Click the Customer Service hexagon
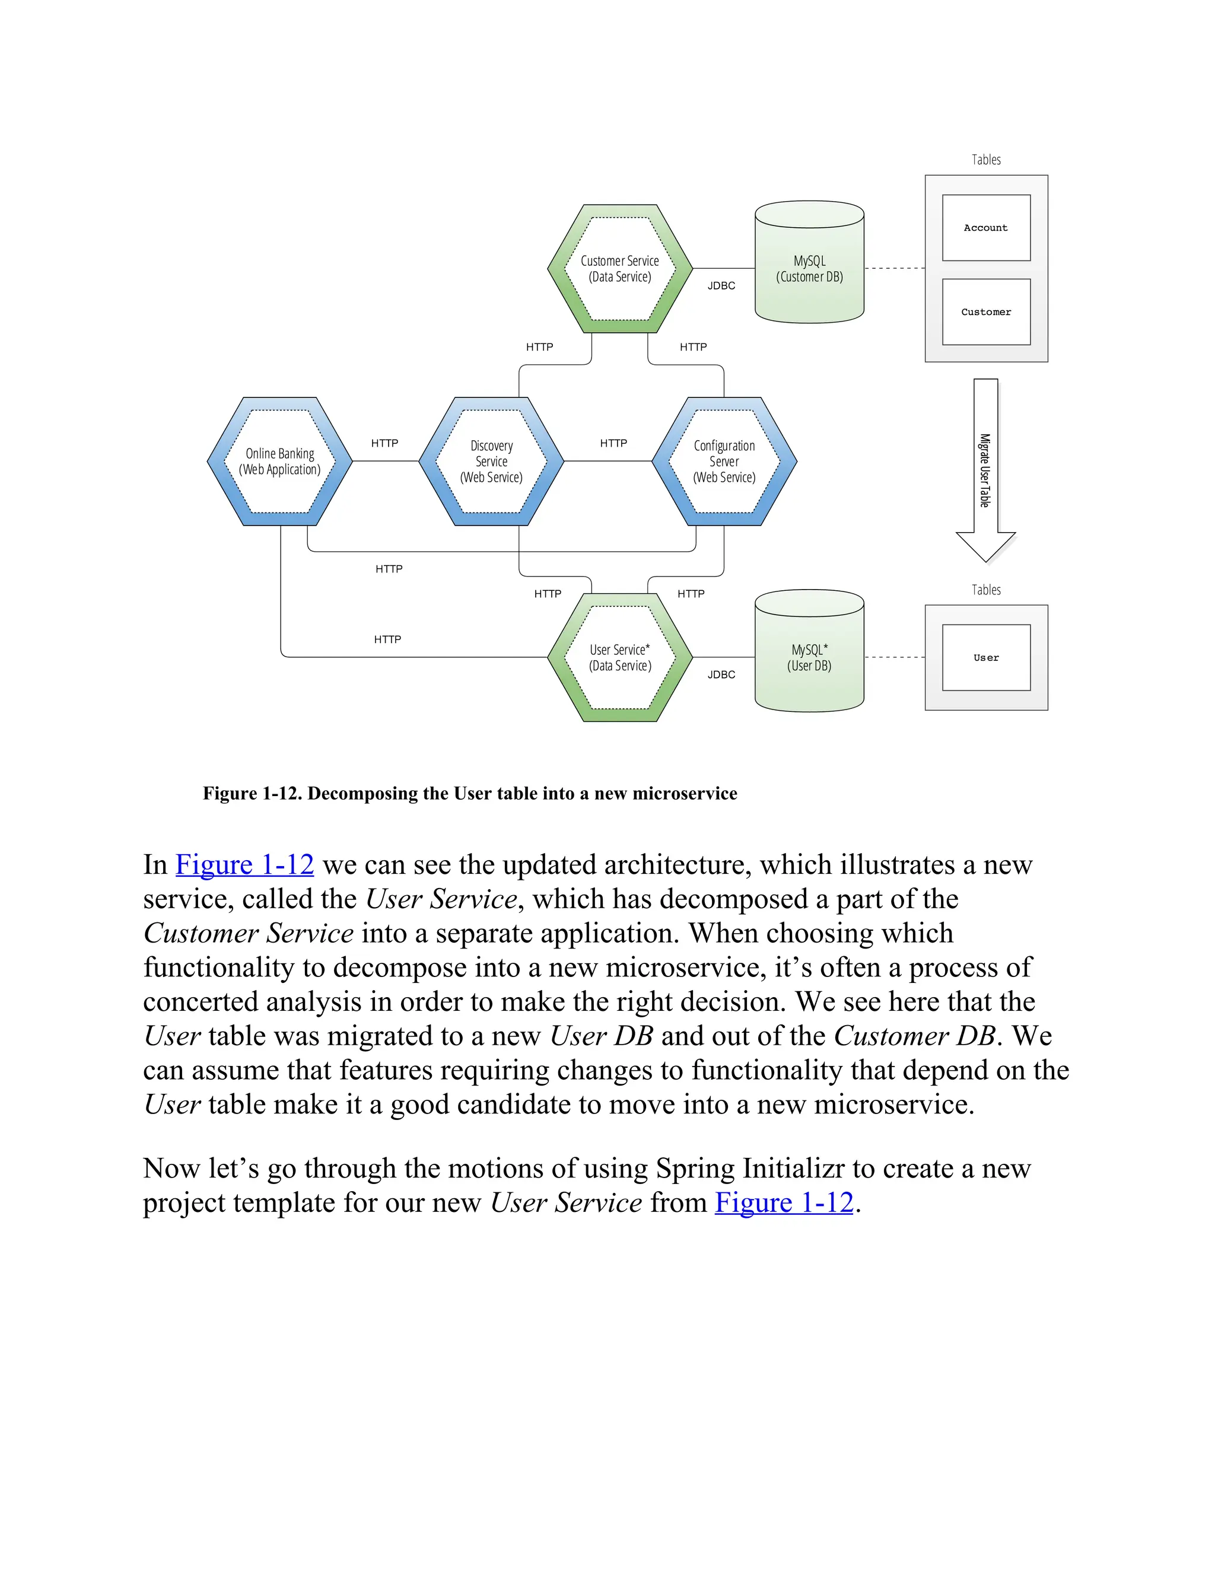tap(620, 269)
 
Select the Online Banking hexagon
tap(279, 462)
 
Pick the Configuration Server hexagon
tap(724, 462)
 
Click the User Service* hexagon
tap(620, 657)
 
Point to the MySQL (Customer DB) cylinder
tap(809, 269)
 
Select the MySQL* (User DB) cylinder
tap(809, 657)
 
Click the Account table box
tap(986, 227)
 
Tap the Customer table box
tap(986, 311)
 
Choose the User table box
tap(986, 657)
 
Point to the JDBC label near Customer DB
tap(721, 286)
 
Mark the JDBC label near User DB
tap(721, 674)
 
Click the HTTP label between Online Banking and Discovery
tap(384, 443)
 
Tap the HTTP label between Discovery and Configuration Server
tap(613, 443)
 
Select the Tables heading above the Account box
tap(986, 160)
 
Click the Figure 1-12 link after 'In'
tap(245, 864)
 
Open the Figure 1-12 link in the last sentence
tap(784, 1203)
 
